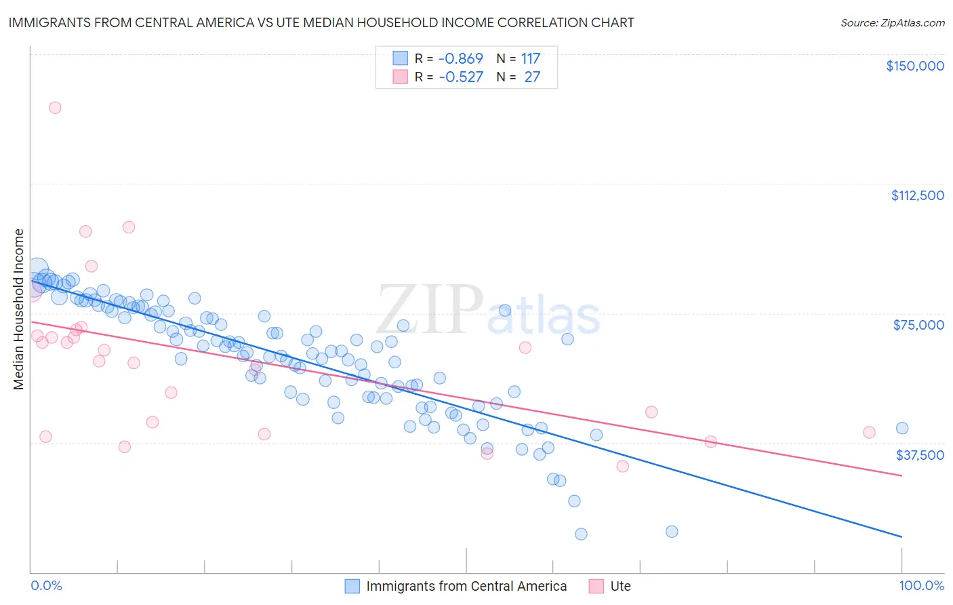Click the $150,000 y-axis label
click(914, 66)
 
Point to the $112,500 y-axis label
click(917, 195)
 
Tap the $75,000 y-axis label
click(918, 325)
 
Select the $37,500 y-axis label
click(919, 454)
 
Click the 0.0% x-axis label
click(46, 585)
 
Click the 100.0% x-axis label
click(921, 585)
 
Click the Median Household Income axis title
click(18, 309)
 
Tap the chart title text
click(321, 22)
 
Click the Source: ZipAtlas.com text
click(892, 22)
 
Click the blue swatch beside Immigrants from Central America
click(352, 586)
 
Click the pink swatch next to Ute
click(596, 586)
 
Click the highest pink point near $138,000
click(55, 107)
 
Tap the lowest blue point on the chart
click(581, 534)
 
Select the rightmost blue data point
click(901, 428)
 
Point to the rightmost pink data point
click(869, 432)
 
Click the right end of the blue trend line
click(901, 536)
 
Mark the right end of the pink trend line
click(901, 475)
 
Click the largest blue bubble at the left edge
click(38, 269)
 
